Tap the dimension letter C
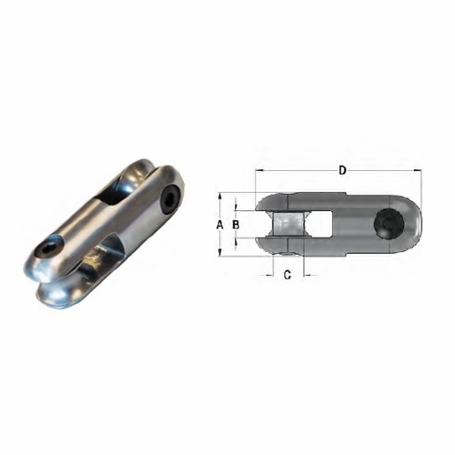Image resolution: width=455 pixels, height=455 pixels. (x=288, y=274)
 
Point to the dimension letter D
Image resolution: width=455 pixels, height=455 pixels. (x=342, y=170)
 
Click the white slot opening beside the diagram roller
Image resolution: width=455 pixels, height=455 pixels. (x=269, y=225)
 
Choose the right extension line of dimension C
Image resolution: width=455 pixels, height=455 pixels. (x=301, y=264)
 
